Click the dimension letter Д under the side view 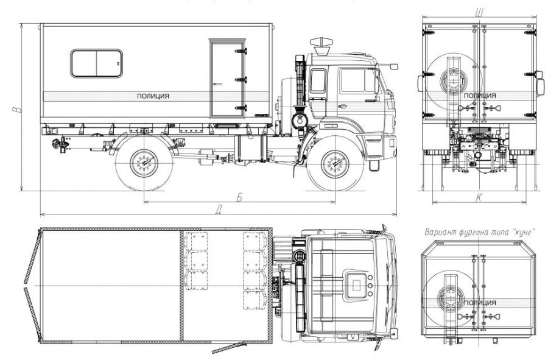[219, 210]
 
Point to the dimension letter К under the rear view [479, 197]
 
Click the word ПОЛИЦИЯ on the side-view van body [153, 96]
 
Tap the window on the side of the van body [96, 63]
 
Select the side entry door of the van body [227, 77]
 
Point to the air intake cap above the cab [318, 44]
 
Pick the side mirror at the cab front [393, 65]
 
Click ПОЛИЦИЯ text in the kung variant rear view [479, 303]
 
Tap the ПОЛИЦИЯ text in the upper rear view [479, 96]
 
